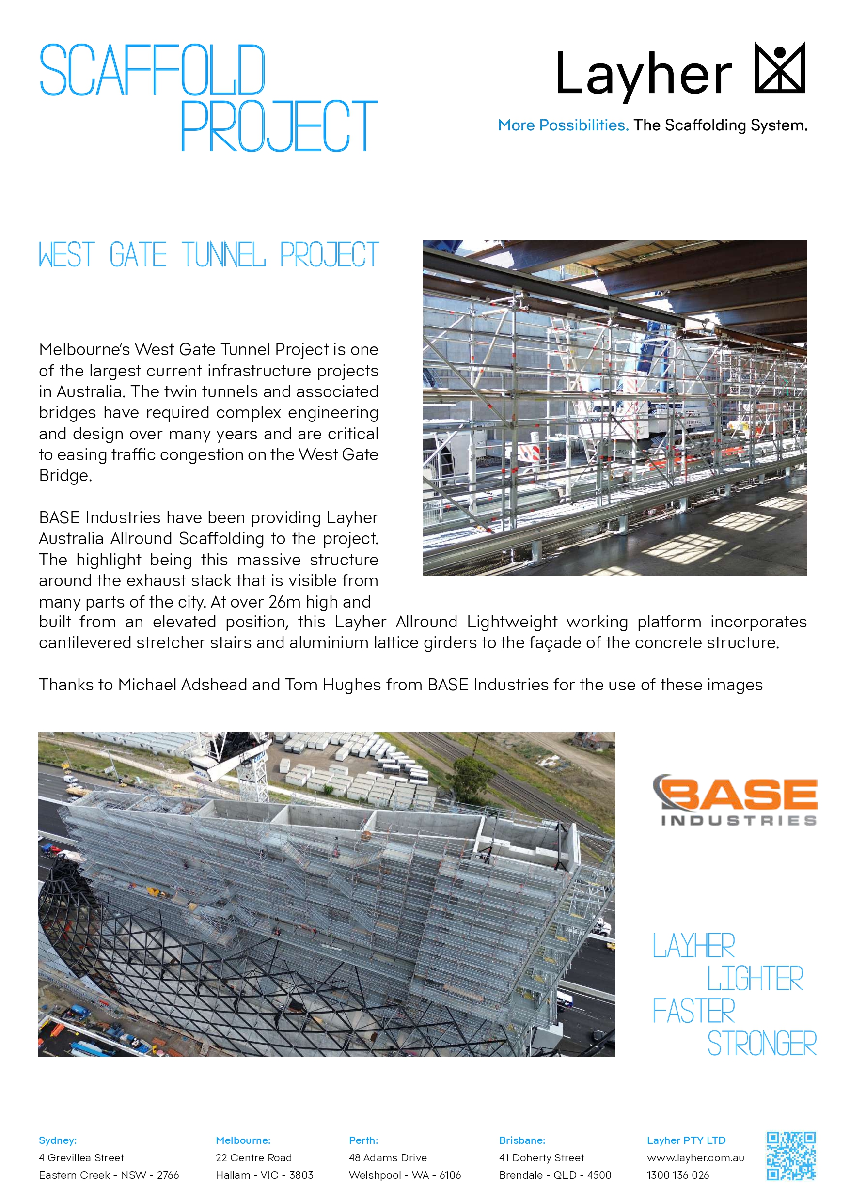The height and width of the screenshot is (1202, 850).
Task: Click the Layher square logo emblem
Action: click(779, 68)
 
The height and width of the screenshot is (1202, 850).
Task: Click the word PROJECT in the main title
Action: click(279, 126)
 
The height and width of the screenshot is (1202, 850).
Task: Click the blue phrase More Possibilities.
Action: click(563, 125)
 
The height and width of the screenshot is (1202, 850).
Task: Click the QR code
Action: click(791, 1156)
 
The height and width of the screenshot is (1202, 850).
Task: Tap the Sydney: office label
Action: click(58, 1140)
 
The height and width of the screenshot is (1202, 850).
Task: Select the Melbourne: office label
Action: click(243, 1140)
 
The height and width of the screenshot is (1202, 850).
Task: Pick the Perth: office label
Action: click(363, 1140)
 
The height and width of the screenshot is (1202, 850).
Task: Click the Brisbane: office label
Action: click(522, 1140)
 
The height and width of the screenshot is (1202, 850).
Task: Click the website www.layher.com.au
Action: click(695, 1157)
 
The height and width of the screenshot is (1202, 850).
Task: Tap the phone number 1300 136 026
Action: click(677, 1175)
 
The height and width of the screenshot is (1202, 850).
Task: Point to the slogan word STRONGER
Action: click(762, 1044)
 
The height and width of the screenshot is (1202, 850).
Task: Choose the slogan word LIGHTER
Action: click(755, 978)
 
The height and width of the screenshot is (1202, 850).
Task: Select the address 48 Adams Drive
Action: click(388, 1157)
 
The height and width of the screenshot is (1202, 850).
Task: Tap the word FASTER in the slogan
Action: click(694, 1011)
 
